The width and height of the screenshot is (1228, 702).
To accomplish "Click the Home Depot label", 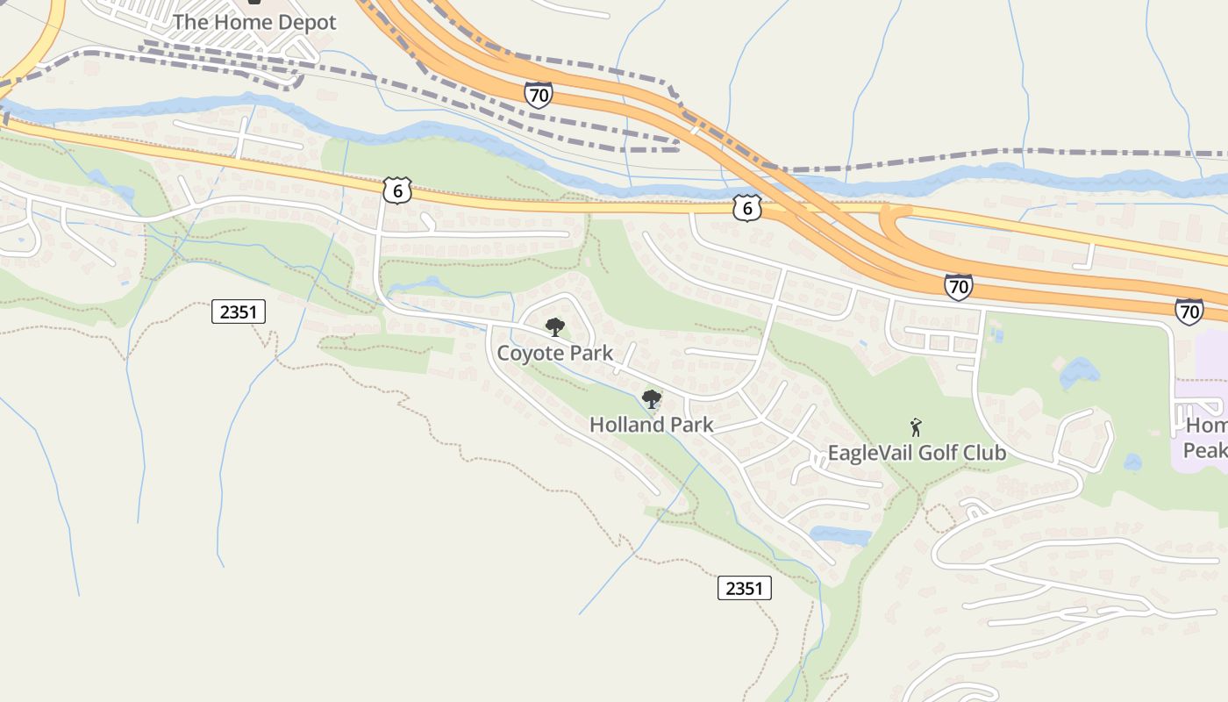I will (254, 23).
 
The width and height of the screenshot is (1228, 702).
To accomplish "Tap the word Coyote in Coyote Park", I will (529, 353).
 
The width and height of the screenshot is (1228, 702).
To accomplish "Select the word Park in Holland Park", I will (690, 425).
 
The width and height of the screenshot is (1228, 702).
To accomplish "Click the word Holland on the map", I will (626, 425).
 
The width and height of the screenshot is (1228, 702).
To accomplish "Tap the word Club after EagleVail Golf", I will (985, 453).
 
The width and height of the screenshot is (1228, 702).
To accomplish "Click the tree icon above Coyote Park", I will (554, 327).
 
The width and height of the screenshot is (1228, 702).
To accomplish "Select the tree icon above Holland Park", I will (651, 399).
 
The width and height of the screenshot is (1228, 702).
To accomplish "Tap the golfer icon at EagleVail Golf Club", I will (917, 427).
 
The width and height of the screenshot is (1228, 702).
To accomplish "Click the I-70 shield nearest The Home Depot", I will (539, 95).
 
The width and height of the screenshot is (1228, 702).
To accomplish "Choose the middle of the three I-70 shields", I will (958, 286).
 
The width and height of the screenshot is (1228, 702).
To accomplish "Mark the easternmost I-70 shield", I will (1189, 311).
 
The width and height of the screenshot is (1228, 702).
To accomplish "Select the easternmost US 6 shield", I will (746, 208).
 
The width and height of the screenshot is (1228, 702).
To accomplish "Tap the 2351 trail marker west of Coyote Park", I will (239, 312).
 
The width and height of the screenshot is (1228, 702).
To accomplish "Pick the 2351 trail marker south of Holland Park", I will (745, 588).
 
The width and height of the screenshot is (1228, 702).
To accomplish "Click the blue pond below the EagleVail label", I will (840, 534).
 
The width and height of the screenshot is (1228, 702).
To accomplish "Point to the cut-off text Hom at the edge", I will (1207, 426).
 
